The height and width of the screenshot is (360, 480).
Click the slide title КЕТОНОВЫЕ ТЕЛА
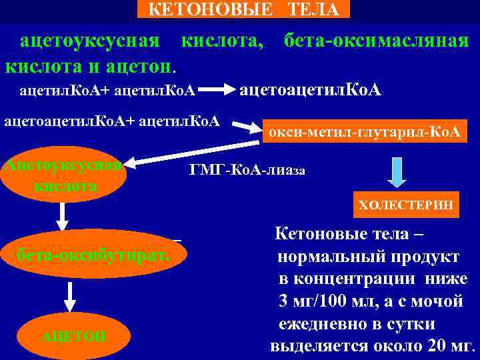tap(243, 9)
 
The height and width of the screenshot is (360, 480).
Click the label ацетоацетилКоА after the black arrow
tap(310, 89)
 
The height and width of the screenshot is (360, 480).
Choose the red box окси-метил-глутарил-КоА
tap(364, 132)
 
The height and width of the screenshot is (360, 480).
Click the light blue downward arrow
tap(397, 172)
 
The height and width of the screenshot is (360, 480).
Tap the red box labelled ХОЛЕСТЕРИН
tap(406, 205)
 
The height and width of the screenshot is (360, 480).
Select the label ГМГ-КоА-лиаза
tap(247, 170)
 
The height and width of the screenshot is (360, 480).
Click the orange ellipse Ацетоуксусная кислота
tap(63, 175)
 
